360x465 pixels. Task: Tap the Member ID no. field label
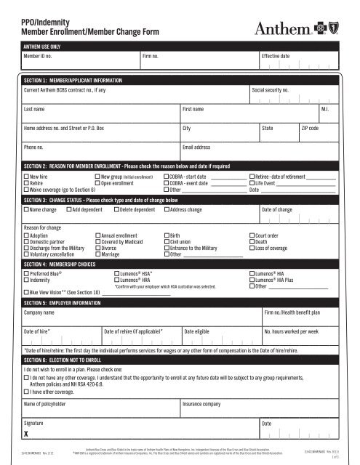pos(41,55)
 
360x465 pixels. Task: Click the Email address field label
pos(201,147)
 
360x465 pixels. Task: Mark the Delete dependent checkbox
pos(116,210)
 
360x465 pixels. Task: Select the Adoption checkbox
pos(26,236)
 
